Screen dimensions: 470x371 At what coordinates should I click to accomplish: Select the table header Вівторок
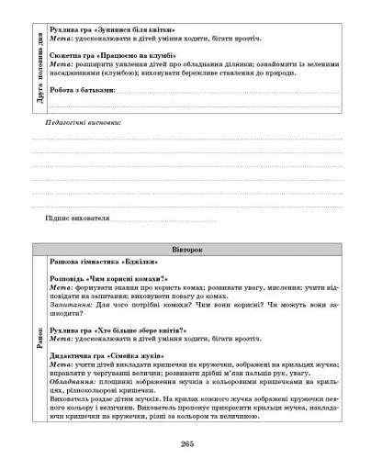186,250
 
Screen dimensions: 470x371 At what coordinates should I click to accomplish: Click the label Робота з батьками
87,92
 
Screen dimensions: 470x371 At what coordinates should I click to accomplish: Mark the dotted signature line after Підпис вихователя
165,221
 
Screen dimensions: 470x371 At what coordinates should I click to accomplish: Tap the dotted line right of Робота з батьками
230,94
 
